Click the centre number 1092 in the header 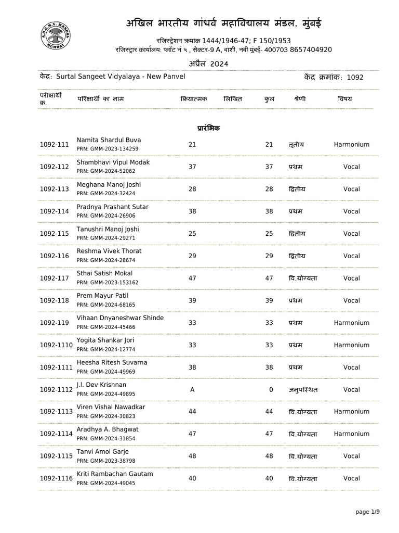pyautogui.click(x=355, y=78)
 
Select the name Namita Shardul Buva pyautogui.click(x=109, y=140)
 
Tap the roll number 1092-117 pyautogui.click(x=54, y=278)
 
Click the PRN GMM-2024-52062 pyautogui.click(x=106, y=171)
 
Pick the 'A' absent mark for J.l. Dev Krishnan pyautogui.click(x=192, y=389)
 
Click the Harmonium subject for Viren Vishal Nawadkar pyautogui.click(x=351, y=412)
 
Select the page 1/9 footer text pyautogui.click(x=368, y=512)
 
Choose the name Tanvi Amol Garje pyautogui.click(x=102, y=452)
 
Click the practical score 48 pyautogui.click(x=192, y=456)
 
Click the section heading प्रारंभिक pyautogui.click(x=208, y=128)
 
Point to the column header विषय pyautogui.click(x=344, y=98)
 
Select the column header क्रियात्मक pyautogui.click(x=193, y=98)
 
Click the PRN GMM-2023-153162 pyautogui.click(x=108, y=282)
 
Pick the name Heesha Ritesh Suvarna pyautogui.click(x=112, y=362)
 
